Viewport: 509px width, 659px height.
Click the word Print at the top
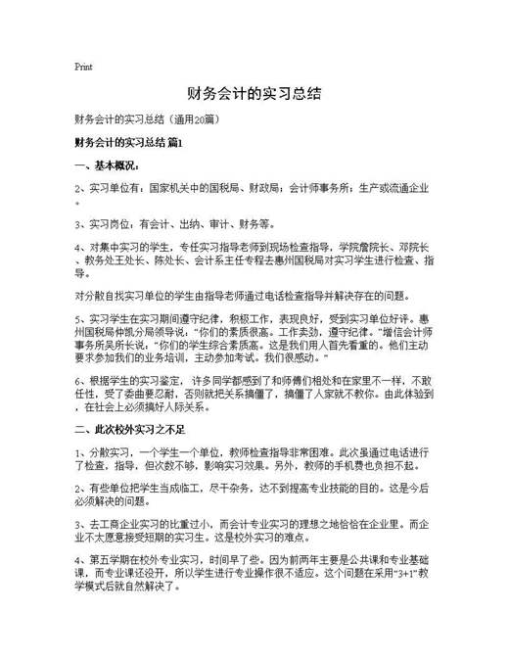pyautogui.click(x=83, y=68)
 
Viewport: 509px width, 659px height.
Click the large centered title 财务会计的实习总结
pyautogui.click(x=254, y=95)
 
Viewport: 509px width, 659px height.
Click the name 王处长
pyautogui.click(x=131, y=260)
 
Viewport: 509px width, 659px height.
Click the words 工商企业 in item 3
pyautogui.click(x=116, y=525)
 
